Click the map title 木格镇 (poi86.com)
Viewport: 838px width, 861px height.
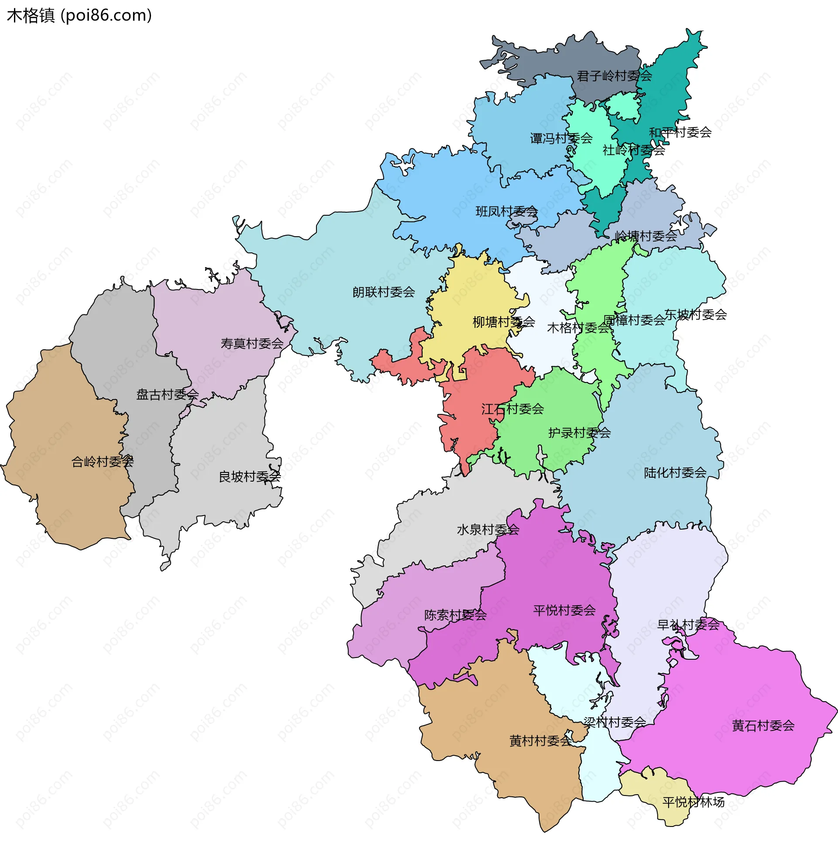pyautogui.click(x=79, y=16)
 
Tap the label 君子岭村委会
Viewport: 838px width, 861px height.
pyautogui.click(x=615, y=76)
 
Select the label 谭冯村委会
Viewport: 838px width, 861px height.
pyautogui.click(x=561, y=139)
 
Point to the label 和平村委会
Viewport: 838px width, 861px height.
pyautogui.click(x=680, y=132)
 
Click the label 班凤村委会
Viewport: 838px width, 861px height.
pyautogui.click(x=507, y=212)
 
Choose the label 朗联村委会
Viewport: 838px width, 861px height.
pyautogui.click(x=383, y=292)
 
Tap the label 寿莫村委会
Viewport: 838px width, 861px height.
pyautogui.click(x=252, y=344)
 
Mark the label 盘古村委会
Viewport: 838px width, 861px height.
pyautogui.click(x=167, y=395)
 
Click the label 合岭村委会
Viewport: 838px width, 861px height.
pyautogui.click(x=102, y=462)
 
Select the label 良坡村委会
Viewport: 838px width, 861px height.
pyautogui.click(x=250, y=477)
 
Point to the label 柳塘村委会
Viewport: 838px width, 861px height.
pyautogui.click(x=504, y=322)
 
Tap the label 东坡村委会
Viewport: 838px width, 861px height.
pyautogui.click(x=695, y=315)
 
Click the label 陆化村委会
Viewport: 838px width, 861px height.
pyautogui.click(x=675, y=473)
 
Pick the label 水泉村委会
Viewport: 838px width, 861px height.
pyautogui.click(x=488, y=530)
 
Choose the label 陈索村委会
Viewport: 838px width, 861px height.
pyautogui.click(x=455, y=615)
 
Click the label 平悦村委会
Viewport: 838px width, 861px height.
pyautogui.click(x=564, y=610)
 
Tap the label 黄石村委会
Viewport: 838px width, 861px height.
pyautogui.click(x=763, y=726)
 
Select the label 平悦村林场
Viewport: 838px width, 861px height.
pyautogui.click(x=693, y=802)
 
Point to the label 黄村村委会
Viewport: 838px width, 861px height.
pyautogui.click(x=540, y=741)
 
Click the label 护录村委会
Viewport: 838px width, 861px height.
pyautogui.click(x=579, y=433)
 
